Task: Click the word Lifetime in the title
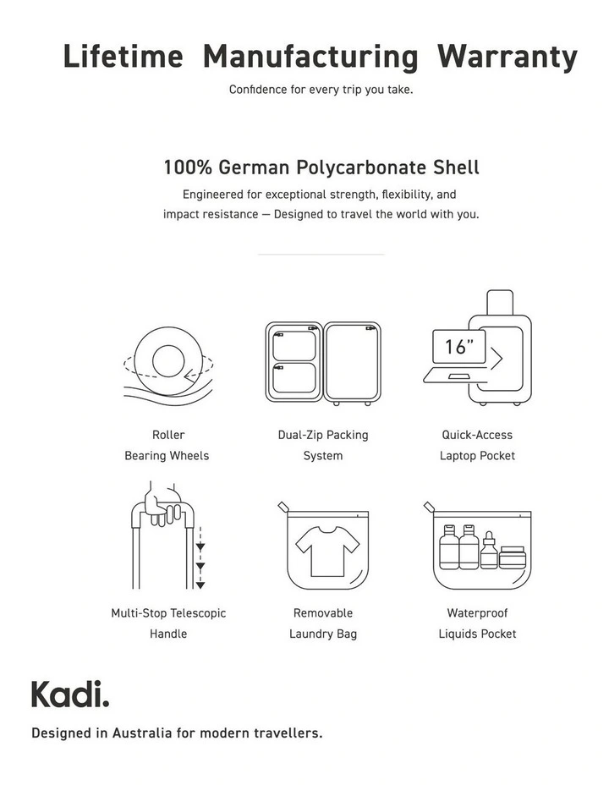(123, 58)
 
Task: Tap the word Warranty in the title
(507, 58)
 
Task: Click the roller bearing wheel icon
(167, 361)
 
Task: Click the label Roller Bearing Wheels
(167, 445)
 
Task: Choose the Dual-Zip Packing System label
(323, 445)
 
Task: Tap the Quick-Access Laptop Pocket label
(477, 445)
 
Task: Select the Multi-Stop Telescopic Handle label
(168, 623)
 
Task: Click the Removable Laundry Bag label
(323, 623)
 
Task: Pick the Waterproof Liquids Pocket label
(477, 623)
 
